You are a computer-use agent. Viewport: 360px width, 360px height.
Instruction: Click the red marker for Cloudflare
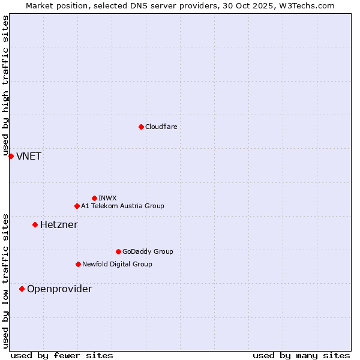[x=141, y=127]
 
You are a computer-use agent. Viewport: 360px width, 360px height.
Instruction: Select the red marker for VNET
[x=11, y=156]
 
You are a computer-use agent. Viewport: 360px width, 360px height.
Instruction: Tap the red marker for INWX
[x=94, y=198]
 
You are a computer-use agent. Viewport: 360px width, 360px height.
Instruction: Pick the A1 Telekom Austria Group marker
[x=77, y=206]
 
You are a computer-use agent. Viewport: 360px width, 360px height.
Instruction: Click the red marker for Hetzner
[x=35, y=224]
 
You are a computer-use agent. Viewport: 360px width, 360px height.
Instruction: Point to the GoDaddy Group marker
[x=118, y=251]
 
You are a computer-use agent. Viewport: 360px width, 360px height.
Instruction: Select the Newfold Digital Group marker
[x=78, y=264]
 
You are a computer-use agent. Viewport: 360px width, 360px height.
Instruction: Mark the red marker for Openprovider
[x=22, y=289]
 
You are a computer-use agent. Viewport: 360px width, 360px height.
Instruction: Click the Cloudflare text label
[x=161, y=127]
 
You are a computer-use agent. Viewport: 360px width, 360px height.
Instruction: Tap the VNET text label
[x=28, y=157]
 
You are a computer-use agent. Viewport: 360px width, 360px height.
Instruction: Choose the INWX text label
[x=107, y=198]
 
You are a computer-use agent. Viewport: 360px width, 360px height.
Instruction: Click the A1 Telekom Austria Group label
[x=122, y=206]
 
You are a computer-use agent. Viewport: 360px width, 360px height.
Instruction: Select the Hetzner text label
[x=59, y=225]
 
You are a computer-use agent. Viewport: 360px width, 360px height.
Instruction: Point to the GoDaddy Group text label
[x=148, y=251]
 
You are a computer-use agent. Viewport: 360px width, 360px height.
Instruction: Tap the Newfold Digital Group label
[x=117, y=264]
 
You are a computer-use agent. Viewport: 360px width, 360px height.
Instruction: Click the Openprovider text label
[x=59, y=289]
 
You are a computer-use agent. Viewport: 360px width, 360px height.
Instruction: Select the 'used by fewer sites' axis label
[x=62, y=355]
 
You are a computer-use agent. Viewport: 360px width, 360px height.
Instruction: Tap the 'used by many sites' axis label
[x=301, y=355]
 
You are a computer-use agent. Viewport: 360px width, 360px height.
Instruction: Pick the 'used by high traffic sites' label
[x=5, y=86]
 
